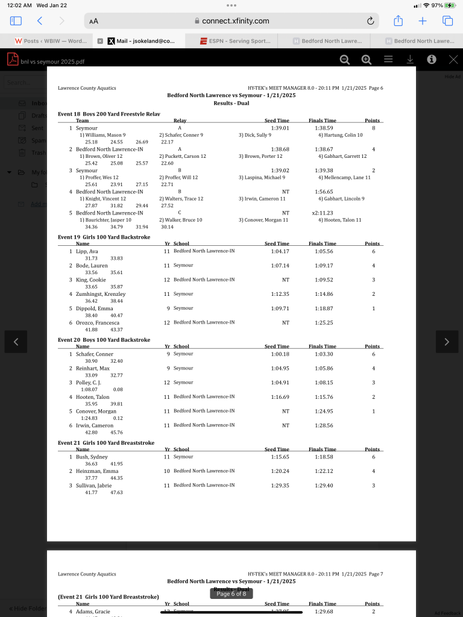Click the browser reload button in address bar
tap(371, 21)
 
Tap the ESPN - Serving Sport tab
tap(236, 41)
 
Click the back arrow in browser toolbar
tap(40, 21)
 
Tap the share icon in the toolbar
tap(398, 21)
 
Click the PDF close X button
tap(453, 59)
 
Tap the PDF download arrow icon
tap(410, 59)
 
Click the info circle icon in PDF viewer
tap(432, 59)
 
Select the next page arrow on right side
tap(447, 342)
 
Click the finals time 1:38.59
tap(324, 128)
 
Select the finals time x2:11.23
tap(324, 213)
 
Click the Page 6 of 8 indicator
tap(231, 594)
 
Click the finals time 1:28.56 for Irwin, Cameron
tap(324, 425)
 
